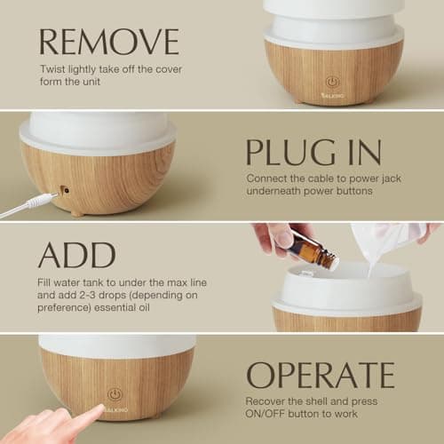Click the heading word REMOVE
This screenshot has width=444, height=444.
pyautogui.click(x=108, y=42)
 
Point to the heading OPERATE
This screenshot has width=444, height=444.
pyautogui.click(x=320, y=375)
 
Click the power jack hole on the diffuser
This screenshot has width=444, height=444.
pyautogui.click(x=65, y=189)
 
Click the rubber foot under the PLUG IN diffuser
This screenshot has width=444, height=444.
pyautogui.click(x=79, y=212)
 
